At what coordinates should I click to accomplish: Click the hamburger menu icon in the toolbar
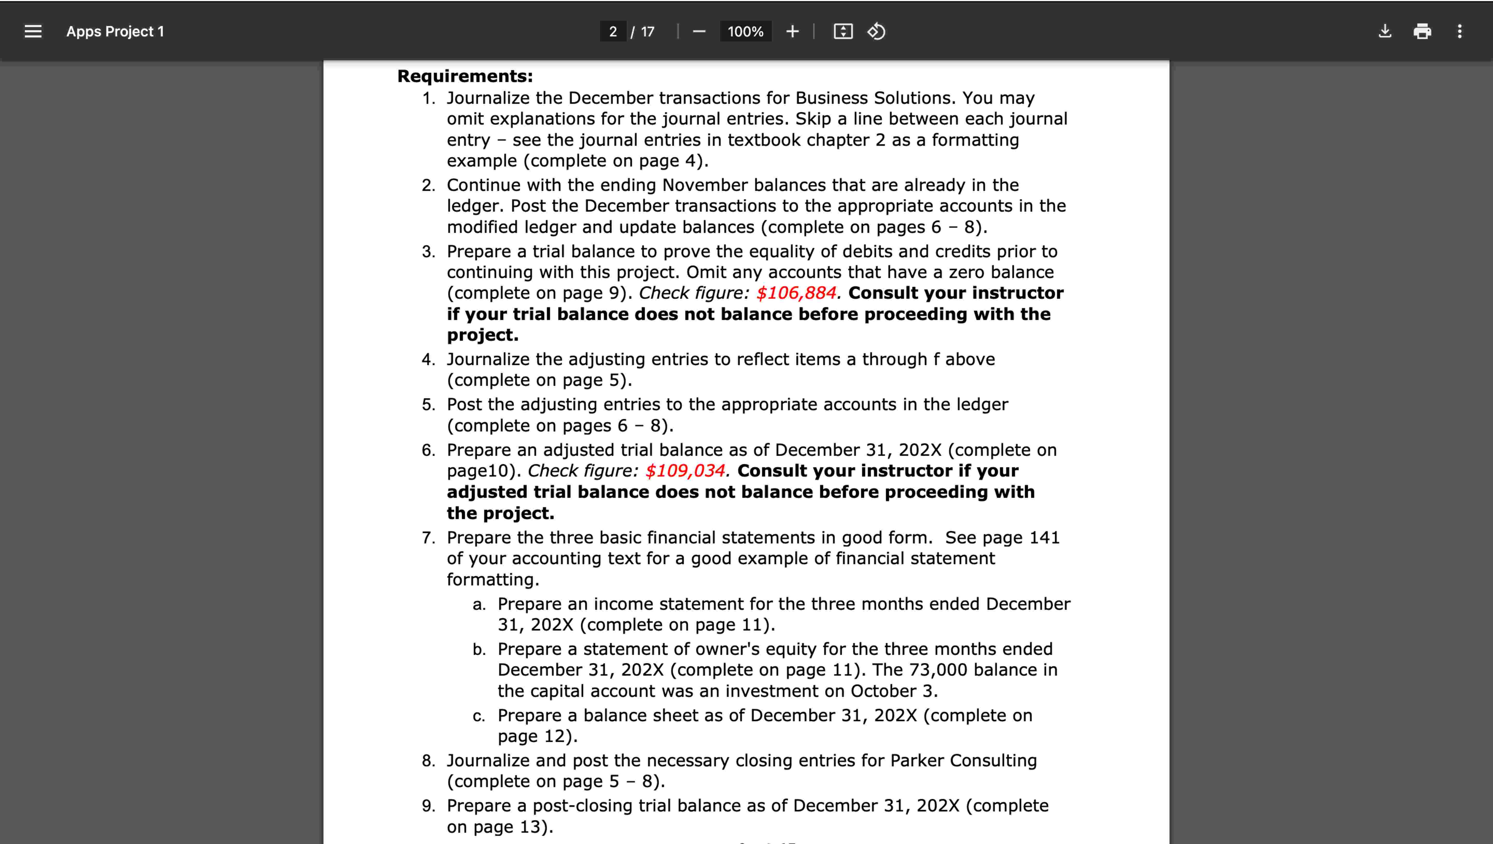click(x=33, y=31)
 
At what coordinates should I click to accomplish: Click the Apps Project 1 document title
click(x=115, y=31)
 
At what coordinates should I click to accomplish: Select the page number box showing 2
click(x=612, y=31)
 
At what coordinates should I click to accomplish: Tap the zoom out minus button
click(x=699, y=31)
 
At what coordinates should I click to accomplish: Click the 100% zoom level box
click(x=745, y=31)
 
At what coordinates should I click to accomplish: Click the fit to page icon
click(x=843, y=31)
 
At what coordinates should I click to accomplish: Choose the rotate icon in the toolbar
click(x=876, y=31)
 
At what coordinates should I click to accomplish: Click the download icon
click(x=1385, y=31)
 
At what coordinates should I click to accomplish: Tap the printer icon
click(x=1422, y=31)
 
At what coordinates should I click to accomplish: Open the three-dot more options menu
click(x=1459, y=31)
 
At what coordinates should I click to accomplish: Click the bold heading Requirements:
click(x=465, y=76)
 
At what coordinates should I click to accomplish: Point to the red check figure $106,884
click(x=796, y=293)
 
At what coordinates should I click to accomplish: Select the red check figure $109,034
click(x=685, y=471)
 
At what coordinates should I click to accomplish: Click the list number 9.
click(x=428, y=806)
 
